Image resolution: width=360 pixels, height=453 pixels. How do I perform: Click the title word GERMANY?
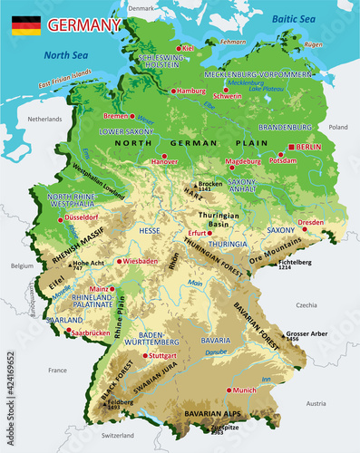(84, 25)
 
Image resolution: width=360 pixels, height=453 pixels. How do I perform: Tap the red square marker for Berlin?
(291, 147)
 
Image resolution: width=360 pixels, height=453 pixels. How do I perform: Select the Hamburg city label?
(191, 92)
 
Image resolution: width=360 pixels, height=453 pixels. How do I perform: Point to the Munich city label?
(245, 390)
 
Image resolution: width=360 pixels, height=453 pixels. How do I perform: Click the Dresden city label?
(310, 222)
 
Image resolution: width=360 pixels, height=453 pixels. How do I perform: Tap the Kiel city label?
(188, 48)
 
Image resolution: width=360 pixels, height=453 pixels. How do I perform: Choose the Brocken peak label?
(210, 184)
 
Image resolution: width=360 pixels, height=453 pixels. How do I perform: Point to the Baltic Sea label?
(296, 17)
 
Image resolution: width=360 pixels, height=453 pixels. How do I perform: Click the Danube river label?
(216, 351)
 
